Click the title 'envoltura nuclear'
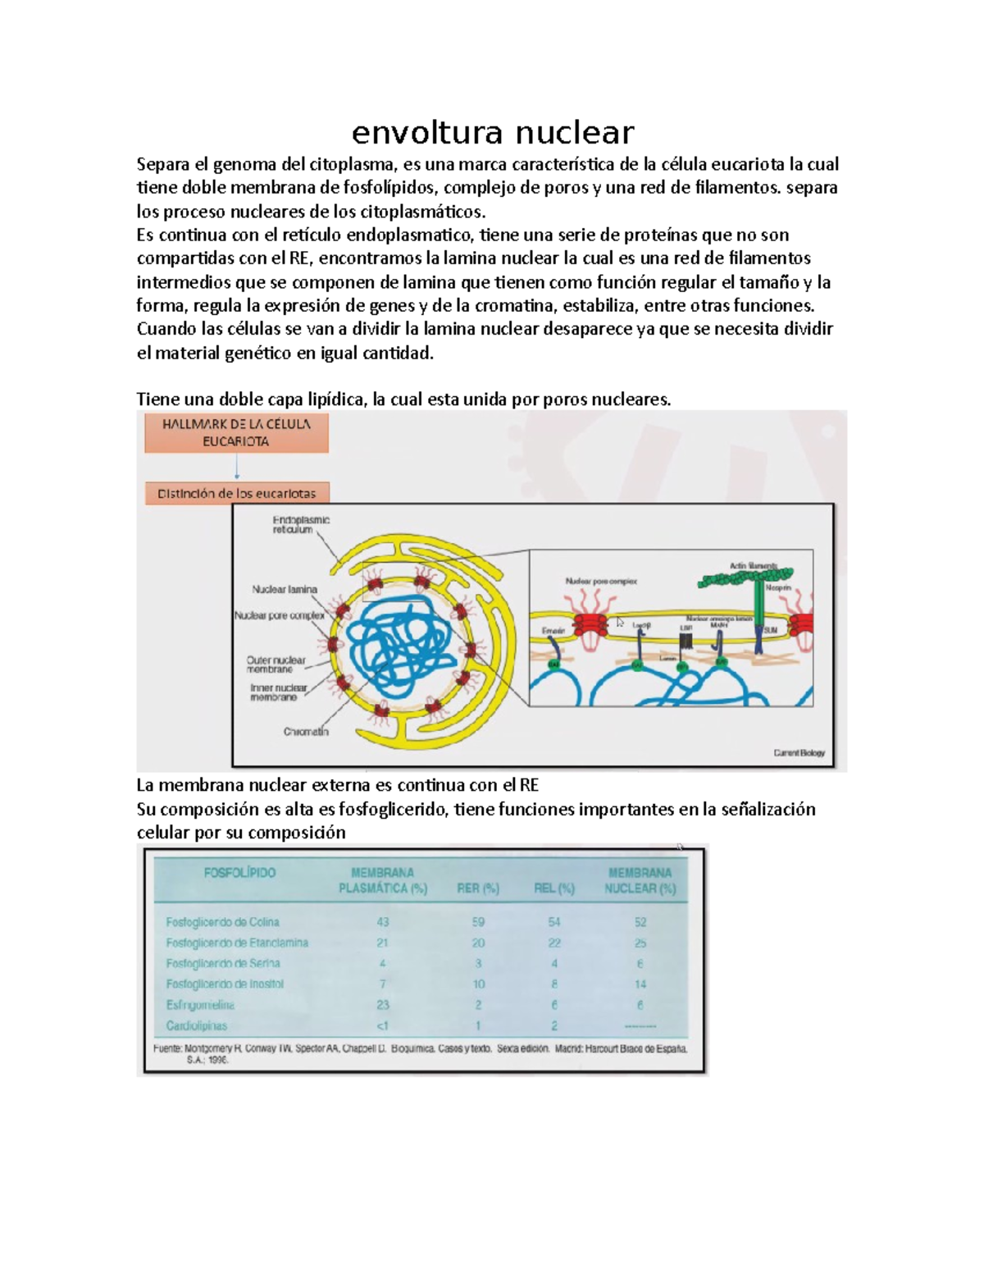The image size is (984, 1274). [493, 132]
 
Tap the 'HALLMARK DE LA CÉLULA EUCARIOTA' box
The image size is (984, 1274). [236, 432]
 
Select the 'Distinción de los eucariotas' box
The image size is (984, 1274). [236, 494]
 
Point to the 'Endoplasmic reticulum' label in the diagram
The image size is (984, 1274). [301, 525]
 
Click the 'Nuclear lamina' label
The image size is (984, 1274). [284, 589]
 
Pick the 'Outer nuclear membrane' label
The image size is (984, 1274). [276, 664]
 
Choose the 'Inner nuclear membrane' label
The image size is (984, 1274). [278, 692]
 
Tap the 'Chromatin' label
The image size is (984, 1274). [306, 732]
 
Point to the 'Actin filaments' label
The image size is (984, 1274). [753, 566]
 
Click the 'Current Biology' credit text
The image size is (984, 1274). [799, 752]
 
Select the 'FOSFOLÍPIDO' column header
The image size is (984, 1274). [239, 873]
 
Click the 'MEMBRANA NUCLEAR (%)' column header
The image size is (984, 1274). [640, 880]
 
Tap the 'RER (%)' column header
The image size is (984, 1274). [477, 888]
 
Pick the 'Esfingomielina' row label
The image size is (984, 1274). [200, 1005]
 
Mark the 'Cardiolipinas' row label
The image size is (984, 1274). [197, 1025]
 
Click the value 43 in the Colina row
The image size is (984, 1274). [382, 922]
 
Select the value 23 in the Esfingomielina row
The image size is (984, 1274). [382, 1005]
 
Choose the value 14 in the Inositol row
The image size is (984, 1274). [640, 984]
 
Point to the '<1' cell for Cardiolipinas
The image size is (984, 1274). [382, 1025]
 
